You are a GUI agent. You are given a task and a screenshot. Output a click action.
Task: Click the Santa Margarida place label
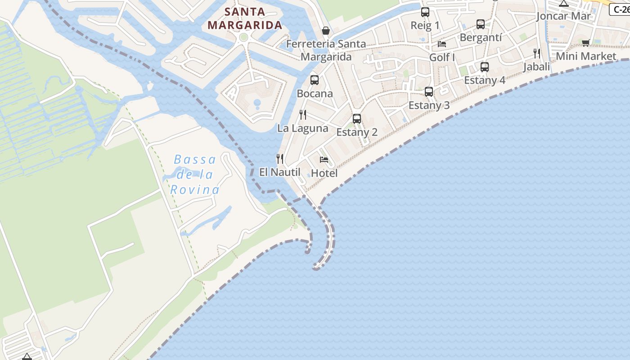click(245, 18)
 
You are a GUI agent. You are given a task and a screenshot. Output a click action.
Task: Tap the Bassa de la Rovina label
click(195, 175)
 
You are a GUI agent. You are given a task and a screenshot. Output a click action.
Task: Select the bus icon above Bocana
click(315, 80)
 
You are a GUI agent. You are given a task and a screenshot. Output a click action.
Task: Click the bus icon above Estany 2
click(357, 119)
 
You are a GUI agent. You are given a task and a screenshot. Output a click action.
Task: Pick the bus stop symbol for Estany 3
click(429, 92)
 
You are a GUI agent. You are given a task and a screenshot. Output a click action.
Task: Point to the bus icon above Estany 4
click(485, 67)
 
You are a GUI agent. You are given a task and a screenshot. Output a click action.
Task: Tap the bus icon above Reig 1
click(425, 12)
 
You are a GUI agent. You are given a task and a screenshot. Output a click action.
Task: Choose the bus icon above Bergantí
click(481, 24)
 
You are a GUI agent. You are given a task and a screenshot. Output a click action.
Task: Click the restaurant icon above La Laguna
click(303, 115)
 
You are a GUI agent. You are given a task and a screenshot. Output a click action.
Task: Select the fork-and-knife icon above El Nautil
click(280, 158)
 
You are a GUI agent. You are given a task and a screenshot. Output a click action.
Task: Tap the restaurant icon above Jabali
click(537, 54)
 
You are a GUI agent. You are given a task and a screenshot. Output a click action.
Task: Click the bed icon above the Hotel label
click(324, 160)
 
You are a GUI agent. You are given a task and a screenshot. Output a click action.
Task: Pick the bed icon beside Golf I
click(442, 44)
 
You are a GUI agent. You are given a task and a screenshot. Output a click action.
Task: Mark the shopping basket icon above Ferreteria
click(326, 31)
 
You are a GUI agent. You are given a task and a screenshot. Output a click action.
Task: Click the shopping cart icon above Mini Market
click(585, 43)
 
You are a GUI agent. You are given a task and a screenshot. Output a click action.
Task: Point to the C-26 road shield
click(621, 9)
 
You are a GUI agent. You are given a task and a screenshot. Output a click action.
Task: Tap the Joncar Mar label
click(563, 17)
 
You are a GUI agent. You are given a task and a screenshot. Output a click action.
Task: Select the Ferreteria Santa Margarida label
click(326, 50)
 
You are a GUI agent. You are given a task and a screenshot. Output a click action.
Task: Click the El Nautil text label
click(279, 172)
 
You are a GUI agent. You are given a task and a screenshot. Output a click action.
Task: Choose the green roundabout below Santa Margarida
click(244, 37)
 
